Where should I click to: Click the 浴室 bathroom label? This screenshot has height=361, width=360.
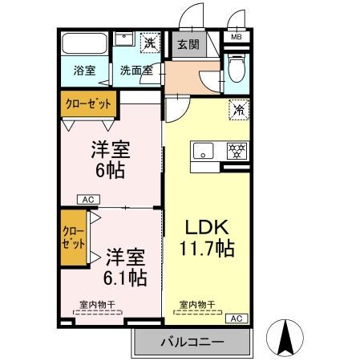(x=85, y=70)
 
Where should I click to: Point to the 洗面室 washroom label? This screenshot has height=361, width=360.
(x=136, y=70)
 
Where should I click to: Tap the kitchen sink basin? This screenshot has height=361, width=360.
(x=204, y=149)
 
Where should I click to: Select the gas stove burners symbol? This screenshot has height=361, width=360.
(x=237, y=149)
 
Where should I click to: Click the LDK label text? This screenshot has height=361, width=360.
(x=207, y=225)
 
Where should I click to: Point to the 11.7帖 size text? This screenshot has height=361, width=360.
(x=207, y=249)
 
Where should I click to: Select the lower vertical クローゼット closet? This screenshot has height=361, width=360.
(x=71, y=238)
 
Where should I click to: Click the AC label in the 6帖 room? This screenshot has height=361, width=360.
(x=88, y=199)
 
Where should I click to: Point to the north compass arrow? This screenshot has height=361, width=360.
(x=284, y=338)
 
